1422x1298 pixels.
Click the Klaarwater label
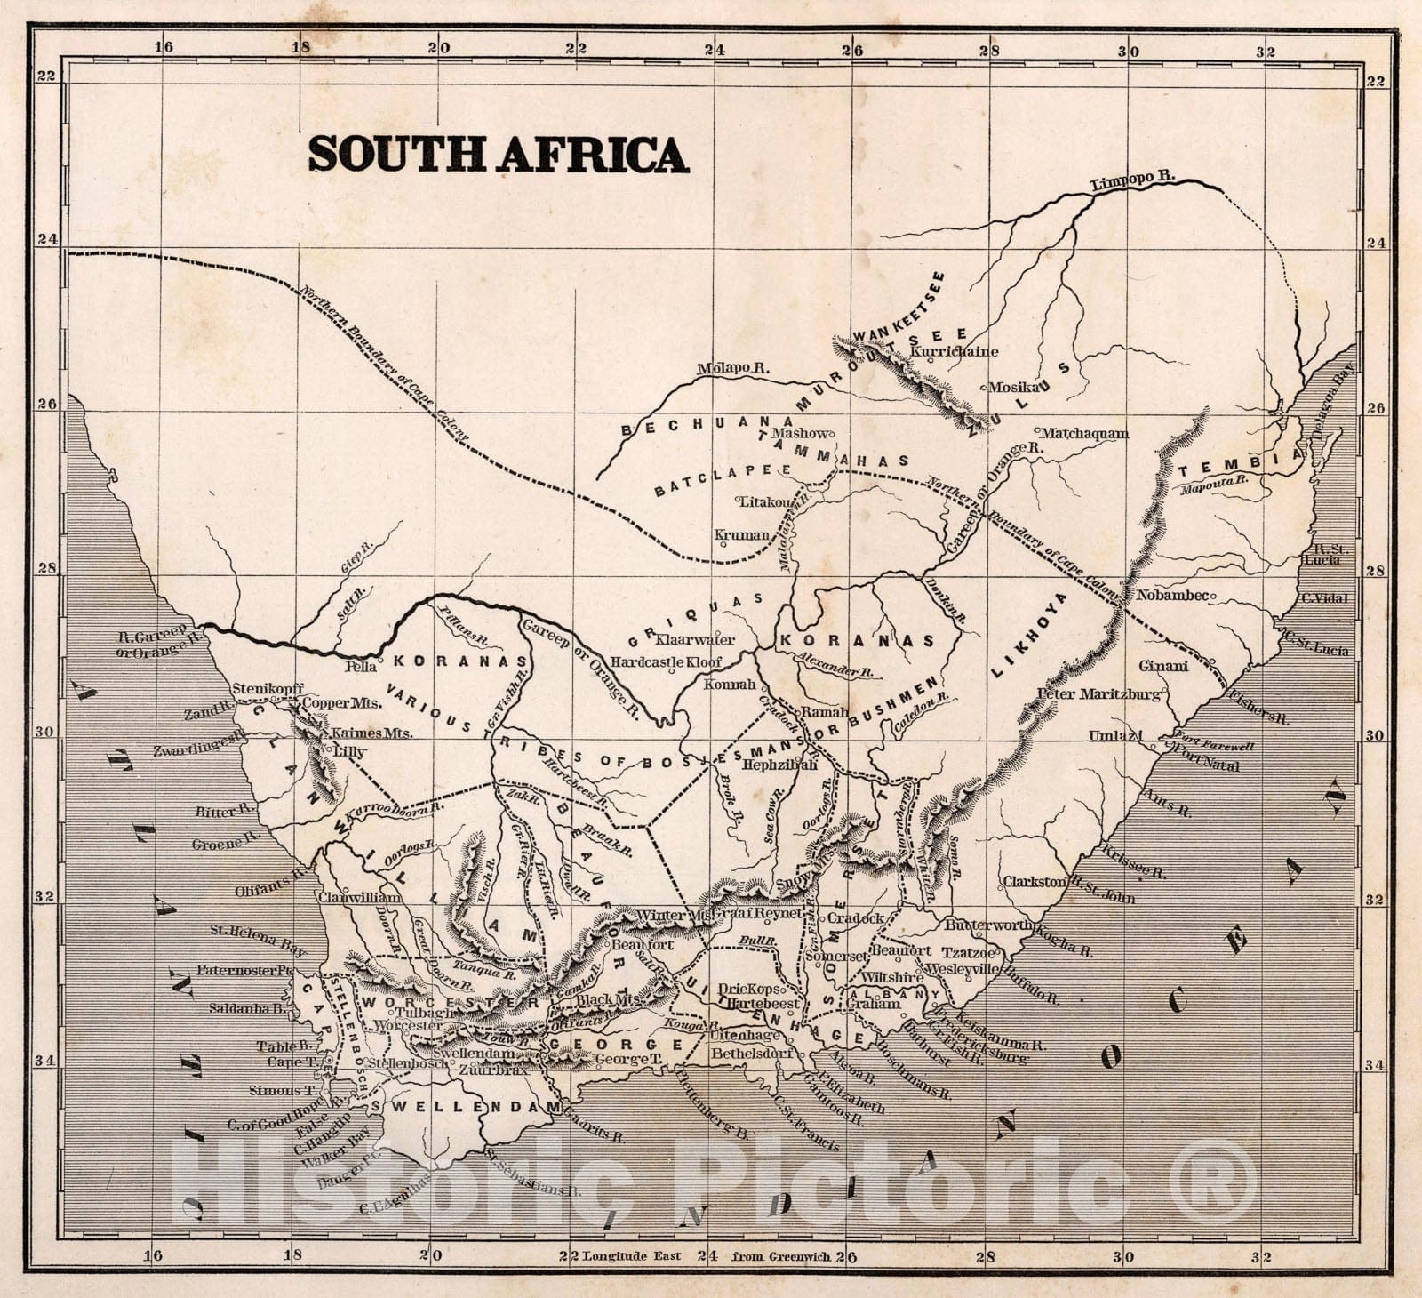point(694,639)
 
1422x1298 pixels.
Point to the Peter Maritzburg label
point(1099,693)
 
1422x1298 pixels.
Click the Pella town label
point(359,664)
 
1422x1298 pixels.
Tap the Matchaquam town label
point(1083,434)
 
